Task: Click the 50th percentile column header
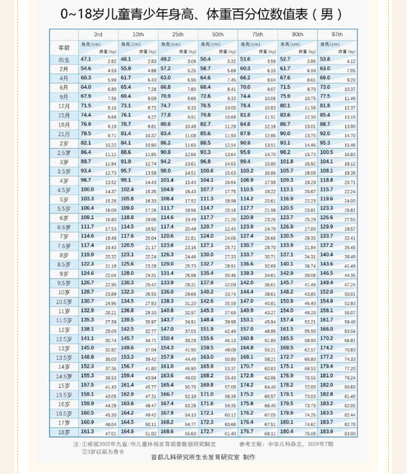[x=217, y=33]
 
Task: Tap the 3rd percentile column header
[x=98, y=33]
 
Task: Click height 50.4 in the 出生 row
[x=206, y=59]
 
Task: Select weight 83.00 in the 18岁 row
[x=350, y=433]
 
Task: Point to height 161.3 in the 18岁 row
[x=88, y=431]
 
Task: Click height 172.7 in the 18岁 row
[x=207, y=431]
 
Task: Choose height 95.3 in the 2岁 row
[x=326, y=143]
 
